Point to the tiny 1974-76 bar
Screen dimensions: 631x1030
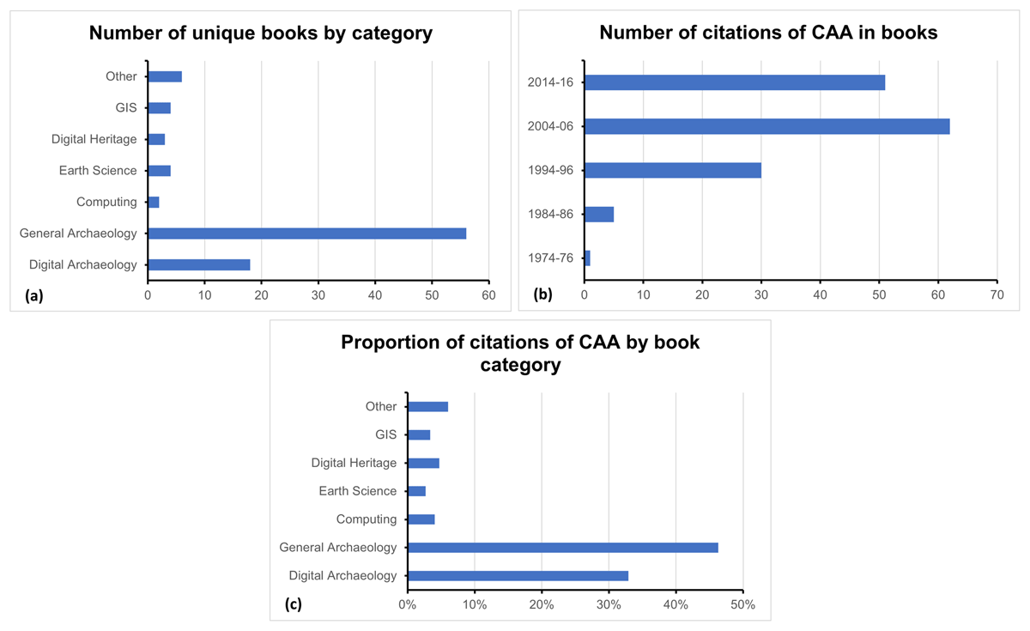[587, 258]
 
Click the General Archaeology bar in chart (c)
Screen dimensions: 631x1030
[562, 548]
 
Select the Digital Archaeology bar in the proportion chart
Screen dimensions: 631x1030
[518, 576]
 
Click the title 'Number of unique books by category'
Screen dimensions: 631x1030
[261, 33]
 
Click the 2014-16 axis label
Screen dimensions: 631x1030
[554, 82]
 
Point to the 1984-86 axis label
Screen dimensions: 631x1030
[554, 214]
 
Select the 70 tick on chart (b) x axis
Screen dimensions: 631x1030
[996, 294]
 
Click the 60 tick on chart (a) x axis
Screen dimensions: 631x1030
[488, 294]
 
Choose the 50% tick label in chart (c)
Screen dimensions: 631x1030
[742, 604]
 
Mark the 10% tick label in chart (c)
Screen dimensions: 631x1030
[475, 604]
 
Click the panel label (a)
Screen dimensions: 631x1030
[34, 295]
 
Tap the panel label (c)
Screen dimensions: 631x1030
[294, 604]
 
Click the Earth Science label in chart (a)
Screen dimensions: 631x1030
[98, 171]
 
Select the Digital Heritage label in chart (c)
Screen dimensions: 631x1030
[354, 464]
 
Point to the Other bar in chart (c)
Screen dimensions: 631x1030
[427, 407]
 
